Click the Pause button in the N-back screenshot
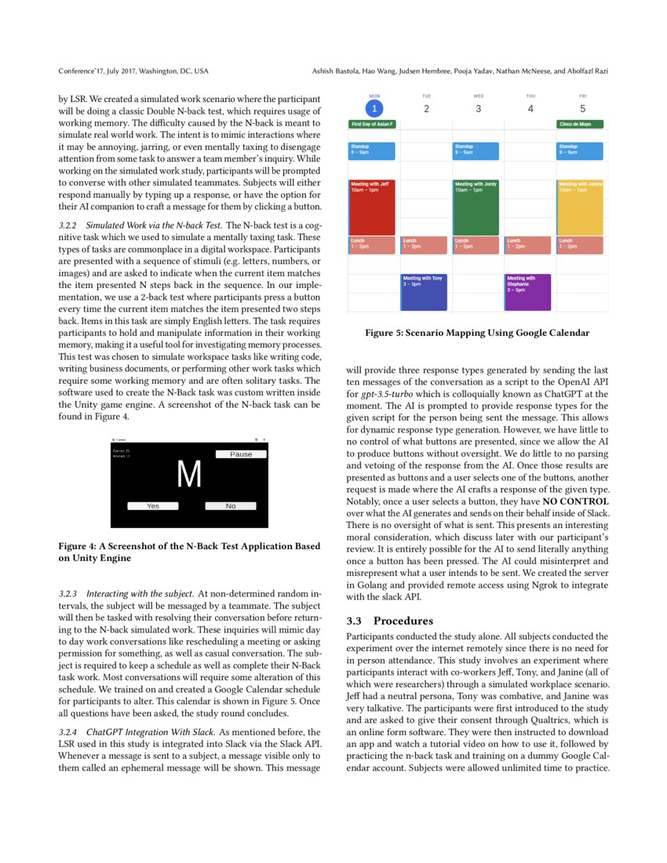pos(241,454)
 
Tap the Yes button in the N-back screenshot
pos(153,506)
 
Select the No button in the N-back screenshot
pos(231,506)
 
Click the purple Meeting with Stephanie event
pos(528,292)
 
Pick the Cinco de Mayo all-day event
pos(580,124)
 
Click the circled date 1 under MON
pos(374,108)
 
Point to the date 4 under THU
pos(530,108)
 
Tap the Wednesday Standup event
pos(477,151)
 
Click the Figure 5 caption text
pos(476,333)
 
